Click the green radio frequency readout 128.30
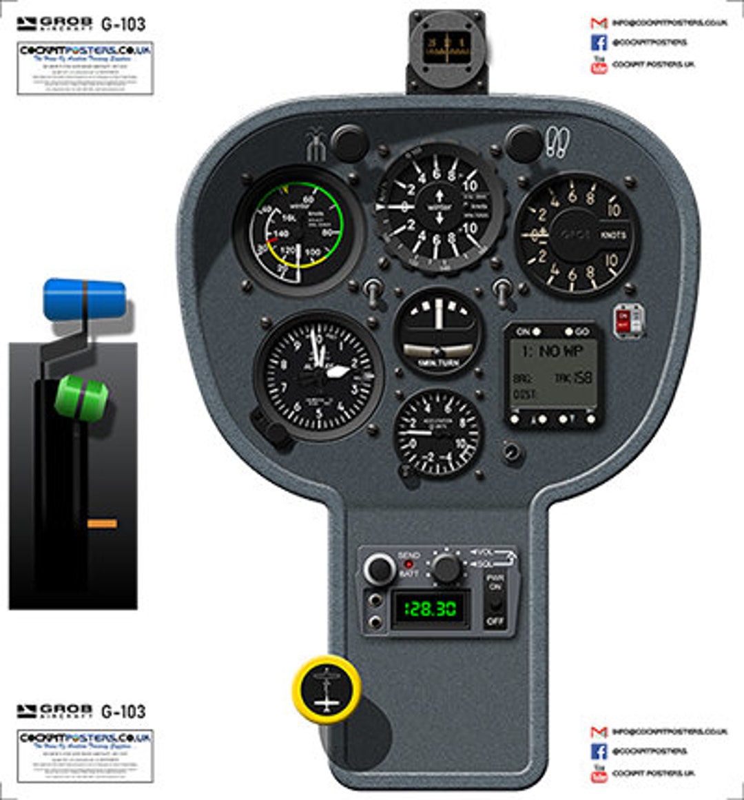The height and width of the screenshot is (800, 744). pos(430,609)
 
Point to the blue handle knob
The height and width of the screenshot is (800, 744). pos(85,299)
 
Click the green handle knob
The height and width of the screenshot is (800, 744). pos(81,396)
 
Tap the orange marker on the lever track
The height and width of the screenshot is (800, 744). pos(102,524)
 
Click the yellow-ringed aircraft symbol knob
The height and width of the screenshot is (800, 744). pos(327,688)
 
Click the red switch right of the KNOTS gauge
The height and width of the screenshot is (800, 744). pos(625,322)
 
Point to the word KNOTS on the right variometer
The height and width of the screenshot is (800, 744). pos(612,235)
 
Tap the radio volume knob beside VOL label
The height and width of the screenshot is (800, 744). pos(446,568)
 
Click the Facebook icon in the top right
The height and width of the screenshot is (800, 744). pos(599,43)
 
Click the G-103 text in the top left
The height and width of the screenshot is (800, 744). pos(123,24)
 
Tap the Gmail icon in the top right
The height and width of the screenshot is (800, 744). pos(599,23)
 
